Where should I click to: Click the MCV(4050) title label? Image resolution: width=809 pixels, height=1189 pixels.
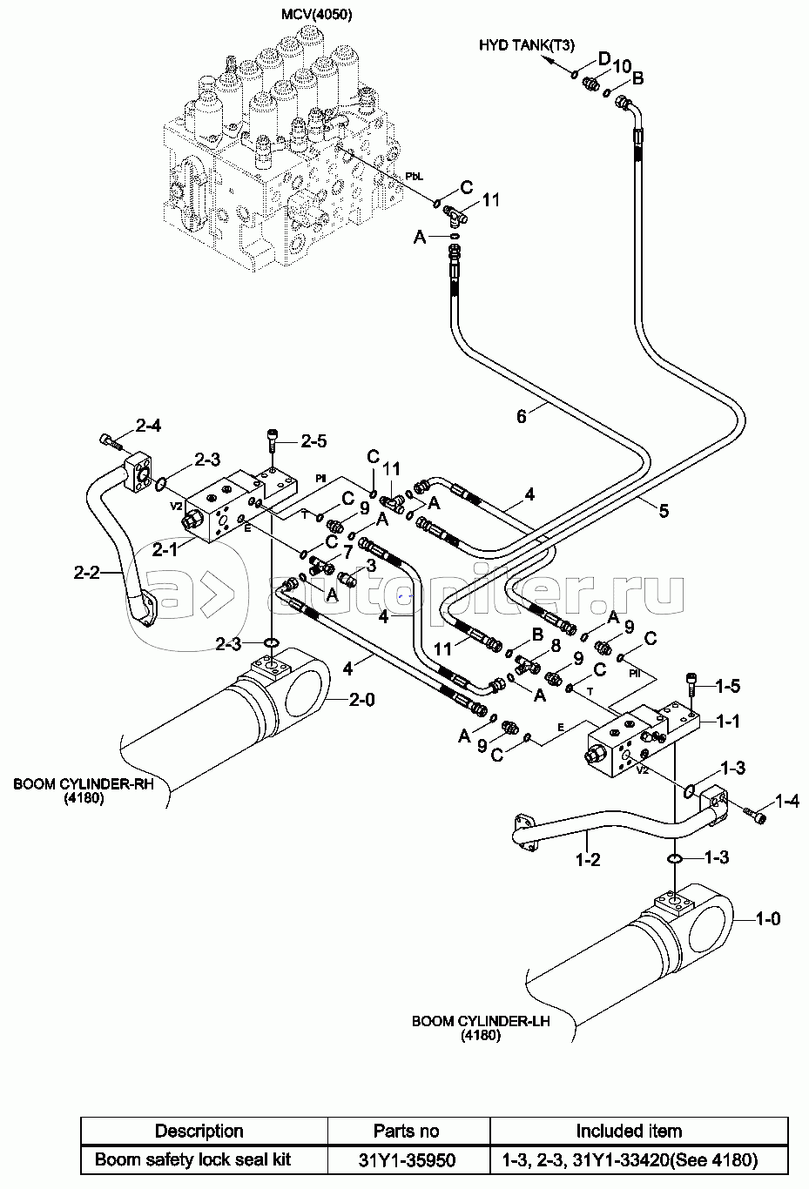317,14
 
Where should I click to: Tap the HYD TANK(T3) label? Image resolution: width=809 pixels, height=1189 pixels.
526,45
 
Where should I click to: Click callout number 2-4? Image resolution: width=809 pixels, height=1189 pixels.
148,425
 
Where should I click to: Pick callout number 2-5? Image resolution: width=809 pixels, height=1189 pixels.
313,441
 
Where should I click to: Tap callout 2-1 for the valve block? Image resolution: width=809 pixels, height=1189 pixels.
165,549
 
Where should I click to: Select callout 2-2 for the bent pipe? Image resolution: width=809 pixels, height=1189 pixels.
86,572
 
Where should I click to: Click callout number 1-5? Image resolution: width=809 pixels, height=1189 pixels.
728,686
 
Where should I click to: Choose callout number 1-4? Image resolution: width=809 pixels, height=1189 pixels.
786,801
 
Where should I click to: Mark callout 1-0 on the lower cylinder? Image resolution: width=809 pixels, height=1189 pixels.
768,917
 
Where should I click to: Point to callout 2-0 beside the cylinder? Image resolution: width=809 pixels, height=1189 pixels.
361,700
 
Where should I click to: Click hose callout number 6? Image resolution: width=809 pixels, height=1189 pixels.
522,417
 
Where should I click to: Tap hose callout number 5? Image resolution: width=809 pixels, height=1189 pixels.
664,511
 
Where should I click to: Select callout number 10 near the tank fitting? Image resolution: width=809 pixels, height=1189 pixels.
622,66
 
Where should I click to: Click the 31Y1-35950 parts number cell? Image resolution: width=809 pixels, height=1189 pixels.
407,1160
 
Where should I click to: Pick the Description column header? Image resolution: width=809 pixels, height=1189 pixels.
199,1132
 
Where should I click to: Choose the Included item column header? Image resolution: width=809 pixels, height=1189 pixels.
629,1132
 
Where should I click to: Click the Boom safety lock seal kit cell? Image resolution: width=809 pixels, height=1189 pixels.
192,1159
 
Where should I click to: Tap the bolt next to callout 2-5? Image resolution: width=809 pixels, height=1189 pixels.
272,440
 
